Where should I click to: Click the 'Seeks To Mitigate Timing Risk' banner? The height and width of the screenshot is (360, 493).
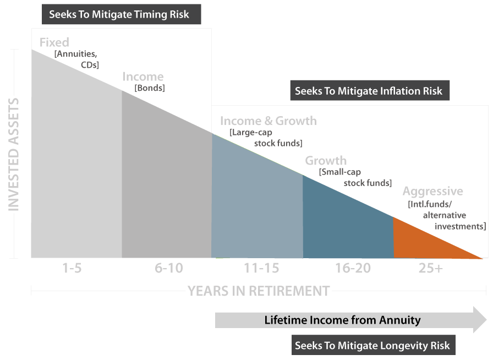119,14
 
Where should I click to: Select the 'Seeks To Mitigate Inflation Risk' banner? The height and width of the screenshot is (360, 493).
369,91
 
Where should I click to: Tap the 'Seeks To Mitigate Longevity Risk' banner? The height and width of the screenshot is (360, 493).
373,346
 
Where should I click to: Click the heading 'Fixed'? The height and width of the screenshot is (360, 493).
54,42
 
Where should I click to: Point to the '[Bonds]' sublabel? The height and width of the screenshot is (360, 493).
150,88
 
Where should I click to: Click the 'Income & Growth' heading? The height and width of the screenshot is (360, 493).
268,121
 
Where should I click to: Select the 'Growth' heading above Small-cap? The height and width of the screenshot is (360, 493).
326,161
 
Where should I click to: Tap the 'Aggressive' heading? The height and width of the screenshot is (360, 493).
432,192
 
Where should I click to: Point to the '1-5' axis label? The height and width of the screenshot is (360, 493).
72,269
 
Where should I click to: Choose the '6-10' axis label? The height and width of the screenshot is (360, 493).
168,269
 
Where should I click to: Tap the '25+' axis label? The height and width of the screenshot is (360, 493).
430,269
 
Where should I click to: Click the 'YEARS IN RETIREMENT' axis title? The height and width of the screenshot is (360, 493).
259,291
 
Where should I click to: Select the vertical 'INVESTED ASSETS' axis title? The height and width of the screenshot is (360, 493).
14,154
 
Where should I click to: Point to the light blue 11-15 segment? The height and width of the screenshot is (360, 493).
256,209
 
